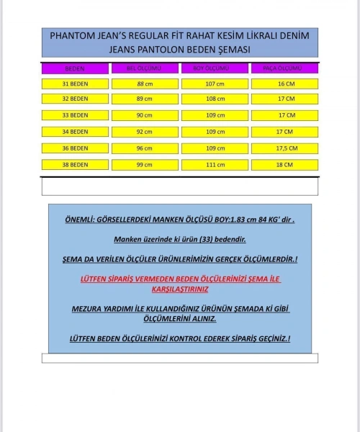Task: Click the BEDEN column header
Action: click(75, 68)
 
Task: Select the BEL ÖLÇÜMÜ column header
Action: click(144, 68)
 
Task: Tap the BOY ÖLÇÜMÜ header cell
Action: click(214, 68)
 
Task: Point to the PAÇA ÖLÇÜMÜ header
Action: click(284, 68)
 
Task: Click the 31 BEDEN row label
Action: click(75, 84)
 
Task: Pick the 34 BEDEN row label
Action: click(75, 132)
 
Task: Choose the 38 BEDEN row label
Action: click(75, 164)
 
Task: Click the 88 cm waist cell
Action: click(144, 84)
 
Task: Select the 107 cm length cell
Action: click(214, 84)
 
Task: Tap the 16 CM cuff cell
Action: click(284, 84)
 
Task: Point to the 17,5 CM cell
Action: click(284, 148)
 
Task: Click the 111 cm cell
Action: click(214, 164)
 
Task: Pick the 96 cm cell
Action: click(144, 148)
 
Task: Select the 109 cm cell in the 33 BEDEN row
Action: click(214, 115)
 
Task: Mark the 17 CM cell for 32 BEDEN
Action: click(284, 99)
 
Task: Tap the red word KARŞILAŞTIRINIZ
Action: click(179, 289)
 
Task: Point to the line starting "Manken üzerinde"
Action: click(179, 238)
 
